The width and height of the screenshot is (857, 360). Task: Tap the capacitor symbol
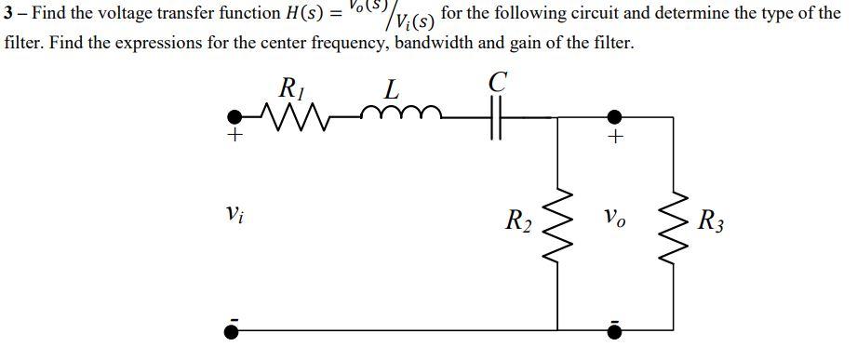[x=497, y=119]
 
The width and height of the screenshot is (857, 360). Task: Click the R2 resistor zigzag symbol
[x=557, y=222]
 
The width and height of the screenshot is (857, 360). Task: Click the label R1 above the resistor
[x=291, y=89]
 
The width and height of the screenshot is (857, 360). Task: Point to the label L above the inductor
[x=392, y=90]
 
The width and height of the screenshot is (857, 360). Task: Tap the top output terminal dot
[x=614, y=119]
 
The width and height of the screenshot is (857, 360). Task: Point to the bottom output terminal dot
[x=614, y=330]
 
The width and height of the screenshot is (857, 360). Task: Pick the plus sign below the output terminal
[x=614, y=138]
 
